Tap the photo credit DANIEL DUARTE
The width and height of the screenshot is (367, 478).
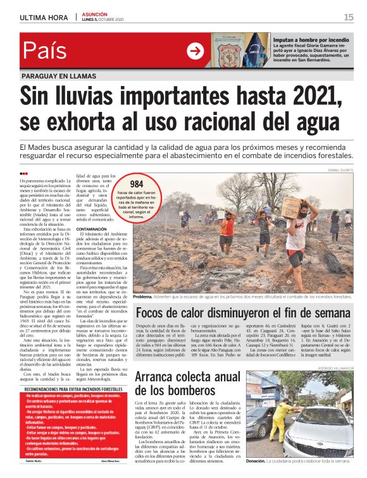(339, 170)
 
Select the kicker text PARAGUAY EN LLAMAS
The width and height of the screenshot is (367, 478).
(60, 76)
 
